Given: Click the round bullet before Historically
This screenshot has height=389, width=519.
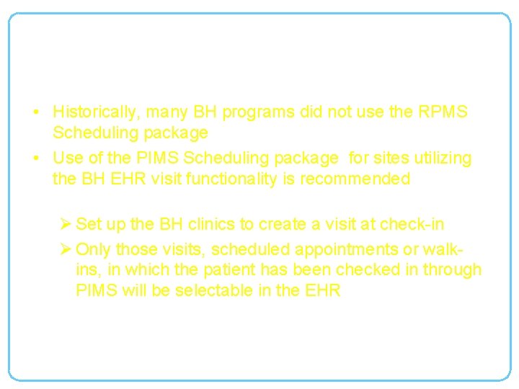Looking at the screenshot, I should point(35,113).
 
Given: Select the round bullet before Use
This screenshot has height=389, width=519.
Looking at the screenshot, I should point(35,158).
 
